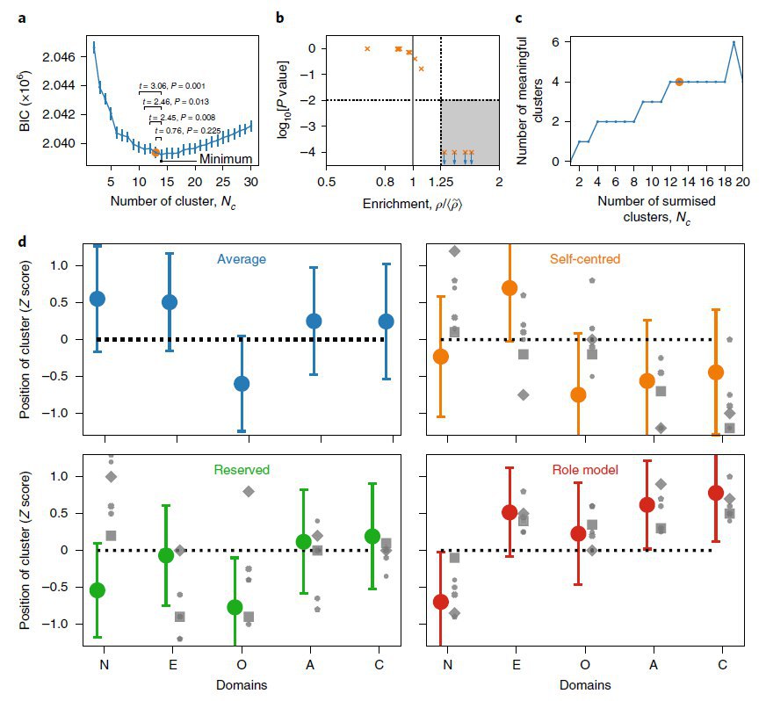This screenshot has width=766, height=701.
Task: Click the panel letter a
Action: (23, 16)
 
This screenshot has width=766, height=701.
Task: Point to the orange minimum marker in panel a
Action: (156, 153)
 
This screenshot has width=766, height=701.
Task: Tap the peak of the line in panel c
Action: (733, 42)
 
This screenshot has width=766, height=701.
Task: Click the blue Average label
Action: (242, 259)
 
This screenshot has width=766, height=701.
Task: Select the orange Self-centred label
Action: (585, 259)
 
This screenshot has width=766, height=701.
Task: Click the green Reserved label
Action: (242, 470)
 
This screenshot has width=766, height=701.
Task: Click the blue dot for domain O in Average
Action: (242, 383)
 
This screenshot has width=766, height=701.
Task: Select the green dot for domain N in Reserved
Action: (98, 589)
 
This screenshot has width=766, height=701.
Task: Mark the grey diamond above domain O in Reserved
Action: (249, 491)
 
